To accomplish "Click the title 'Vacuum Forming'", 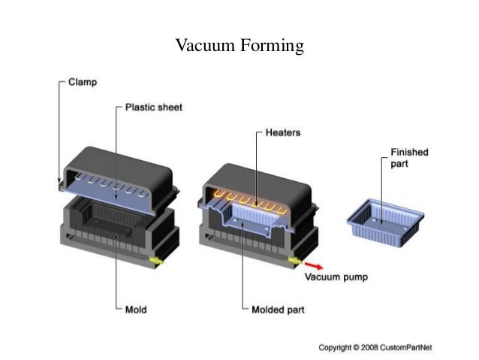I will tap(239, 47).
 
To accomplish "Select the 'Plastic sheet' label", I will tap(152, 107).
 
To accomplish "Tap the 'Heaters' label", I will tap(282, 132).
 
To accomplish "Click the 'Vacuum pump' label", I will tap(336, 276).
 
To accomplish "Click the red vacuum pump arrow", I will tap(315, 264).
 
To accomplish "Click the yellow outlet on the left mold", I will tap(156, 260).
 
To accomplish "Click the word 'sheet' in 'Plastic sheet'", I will tap(168, 107).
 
